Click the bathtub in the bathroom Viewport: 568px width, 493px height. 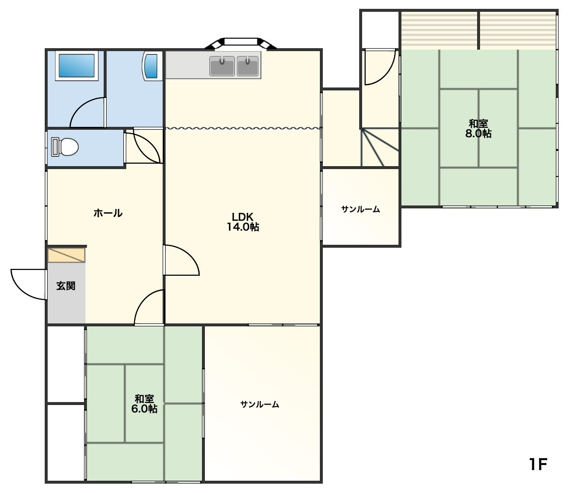coord(77,65)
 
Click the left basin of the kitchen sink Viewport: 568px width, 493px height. coord(222,65)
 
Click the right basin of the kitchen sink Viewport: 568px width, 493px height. coord(248,65)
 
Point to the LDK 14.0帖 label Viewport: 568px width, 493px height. coord(243,222)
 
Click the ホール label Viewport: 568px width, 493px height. coord(108,213)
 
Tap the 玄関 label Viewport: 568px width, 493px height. coord(66,286)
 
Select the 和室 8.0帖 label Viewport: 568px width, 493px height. coord(478,128)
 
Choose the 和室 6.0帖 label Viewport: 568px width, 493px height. coord(144,404)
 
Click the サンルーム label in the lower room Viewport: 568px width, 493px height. coord(260,404)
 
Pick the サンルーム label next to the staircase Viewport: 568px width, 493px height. coord(361,209)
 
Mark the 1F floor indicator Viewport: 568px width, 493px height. coord(538,464)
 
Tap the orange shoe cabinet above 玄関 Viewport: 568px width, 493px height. coord(66,255)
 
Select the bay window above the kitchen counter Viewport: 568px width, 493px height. coord(241,43)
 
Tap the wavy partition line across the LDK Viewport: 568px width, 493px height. coord(243,128)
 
